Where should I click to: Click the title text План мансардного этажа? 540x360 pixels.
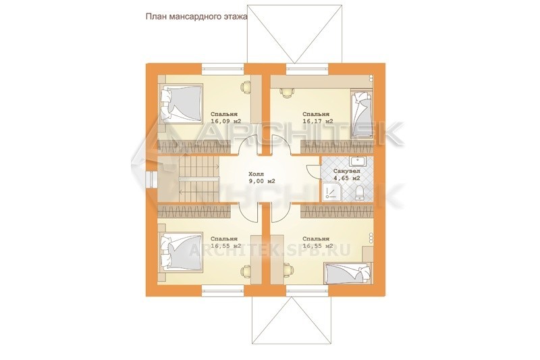[x=196, y=18]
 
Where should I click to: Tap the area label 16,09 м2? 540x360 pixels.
[x=225, y=121]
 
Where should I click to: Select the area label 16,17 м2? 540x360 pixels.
[x=317, y=121]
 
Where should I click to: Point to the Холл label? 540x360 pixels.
[x=256, y=174]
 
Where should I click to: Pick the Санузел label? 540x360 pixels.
[x=347, y=170]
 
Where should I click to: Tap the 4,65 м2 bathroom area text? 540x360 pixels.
[x=347, y=178]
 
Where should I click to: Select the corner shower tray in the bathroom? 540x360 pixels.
[x=331, y=192]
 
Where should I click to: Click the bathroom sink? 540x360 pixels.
[x=358, y=161]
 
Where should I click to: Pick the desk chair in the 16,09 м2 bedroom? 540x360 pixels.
[x=245, y=86]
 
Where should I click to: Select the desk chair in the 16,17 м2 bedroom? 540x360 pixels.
[x=286, y=93]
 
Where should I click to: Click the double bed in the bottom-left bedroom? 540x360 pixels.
[x=180, y=251]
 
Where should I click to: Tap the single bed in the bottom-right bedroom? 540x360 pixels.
[x=348, y=274]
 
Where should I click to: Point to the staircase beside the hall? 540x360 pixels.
[x=199, y=179]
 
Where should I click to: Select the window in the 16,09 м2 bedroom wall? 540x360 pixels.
[x=223, y=68]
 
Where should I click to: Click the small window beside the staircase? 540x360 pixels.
[x=151, y=179]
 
